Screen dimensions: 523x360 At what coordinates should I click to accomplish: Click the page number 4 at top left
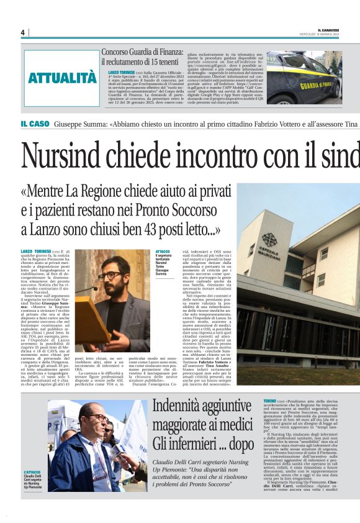coord(22,32)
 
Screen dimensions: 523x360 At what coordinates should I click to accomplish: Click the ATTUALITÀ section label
coord(62,78)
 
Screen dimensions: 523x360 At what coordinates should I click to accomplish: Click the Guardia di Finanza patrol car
coord(304,79)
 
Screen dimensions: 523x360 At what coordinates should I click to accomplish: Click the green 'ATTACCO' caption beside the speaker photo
coord(163,250)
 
